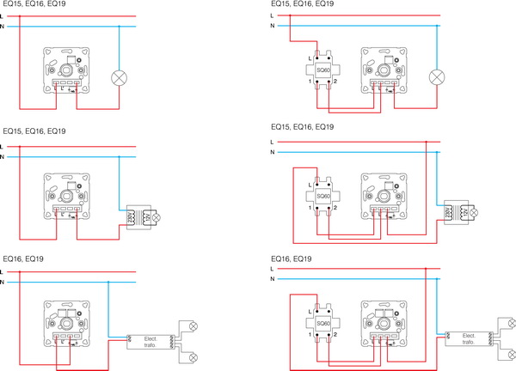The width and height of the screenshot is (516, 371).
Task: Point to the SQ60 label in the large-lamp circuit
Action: click(x=323, y=67)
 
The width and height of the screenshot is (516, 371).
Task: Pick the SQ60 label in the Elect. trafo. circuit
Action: click(x=323, y=324)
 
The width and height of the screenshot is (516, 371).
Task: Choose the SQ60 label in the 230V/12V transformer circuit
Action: click(x=323, y=197)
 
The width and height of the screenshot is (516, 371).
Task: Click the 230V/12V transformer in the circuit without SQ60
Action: click(x=137, y=215)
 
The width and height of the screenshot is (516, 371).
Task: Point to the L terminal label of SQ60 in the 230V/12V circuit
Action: click(x=309, y=185)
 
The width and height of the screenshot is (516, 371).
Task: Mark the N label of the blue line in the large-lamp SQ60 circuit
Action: click(x=272, y=26)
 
